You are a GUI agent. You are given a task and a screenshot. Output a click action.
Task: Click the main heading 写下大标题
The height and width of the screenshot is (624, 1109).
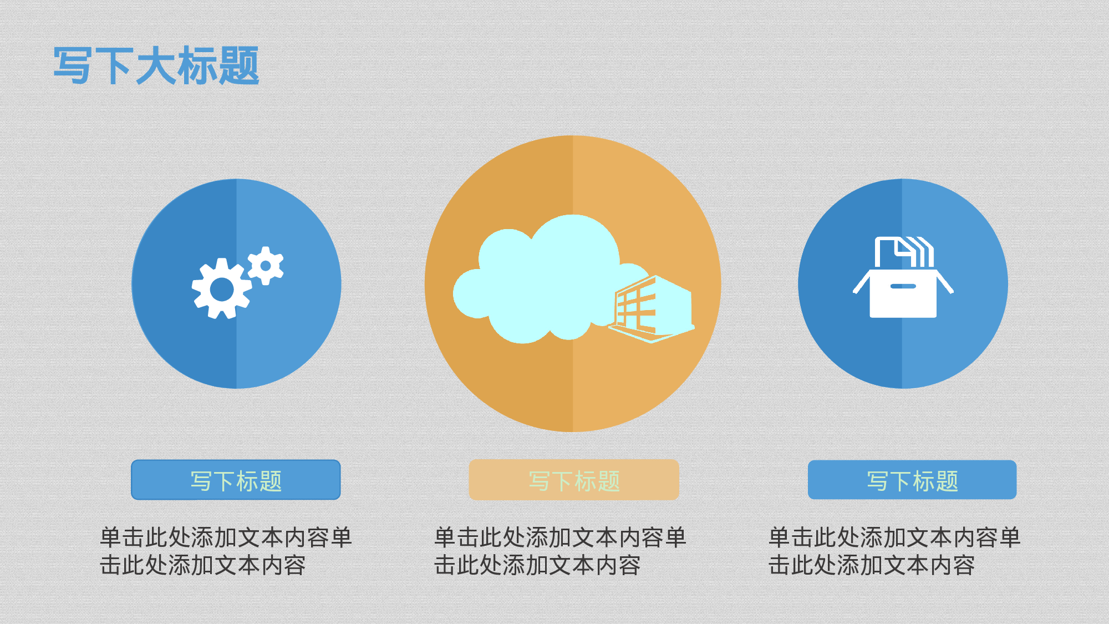pos(156,66)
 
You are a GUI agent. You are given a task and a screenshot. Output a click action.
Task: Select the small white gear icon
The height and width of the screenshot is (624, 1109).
pos(266,266)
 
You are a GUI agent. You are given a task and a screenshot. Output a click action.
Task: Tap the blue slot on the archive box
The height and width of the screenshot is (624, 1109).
pos(903,286)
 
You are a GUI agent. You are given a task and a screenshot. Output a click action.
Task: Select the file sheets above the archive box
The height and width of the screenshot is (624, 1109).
pos(904,252)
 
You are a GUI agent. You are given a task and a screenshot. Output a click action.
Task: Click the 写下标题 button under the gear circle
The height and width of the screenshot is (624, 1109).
pos(236,480)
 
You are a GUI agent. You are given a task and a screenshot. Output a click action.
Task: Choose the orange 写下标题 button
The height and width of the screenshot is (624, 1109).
pos(574,480)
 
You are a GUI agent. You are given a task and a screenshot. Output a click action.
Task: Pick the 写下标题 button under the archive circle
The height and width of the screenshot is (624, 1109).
pos(912,480)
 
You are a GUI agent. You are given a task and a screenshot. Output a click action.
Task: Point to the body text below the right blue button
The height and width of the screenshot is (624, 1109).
pos(894,551)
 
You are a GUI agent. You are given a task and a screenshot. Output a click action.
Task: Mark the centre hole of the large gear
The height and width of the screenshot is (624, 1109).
pos(222,289)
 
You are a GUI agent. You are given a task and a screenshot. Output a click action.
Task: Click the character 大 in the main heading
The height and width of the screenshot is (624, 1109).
pos(156,66)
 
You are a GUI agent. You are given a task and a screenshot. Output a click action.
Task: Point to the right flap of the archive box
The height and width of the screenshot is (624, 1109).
pos(944,282)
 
